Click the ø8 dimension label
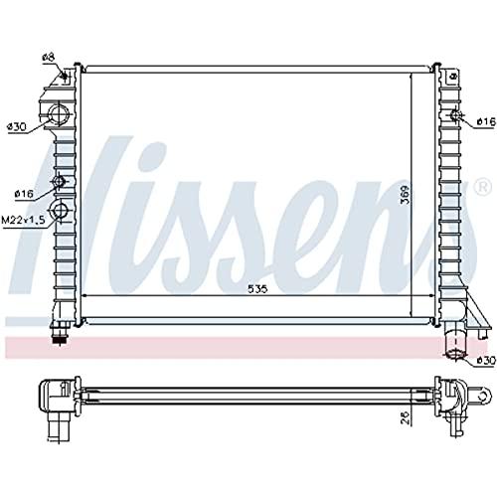point(48,57)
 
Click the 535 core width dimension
point(257,289)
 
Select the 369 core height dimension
point(405,194)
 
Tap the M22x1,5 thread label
point(23,220)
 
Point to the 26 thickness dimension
point(406,417)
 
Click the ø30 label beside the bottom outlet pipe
point(486,360)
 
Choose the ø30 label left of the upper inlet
point(17,127)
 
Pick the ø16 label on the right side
point(486,122)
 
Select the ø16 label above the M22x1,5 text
point(24,194)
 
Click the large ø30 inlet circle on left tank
point(59,113)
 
